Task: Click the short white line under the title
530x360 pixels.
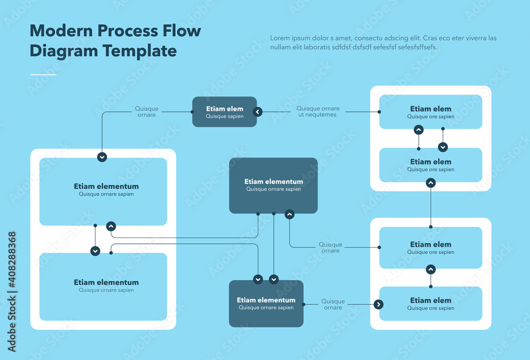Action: pos(43,75)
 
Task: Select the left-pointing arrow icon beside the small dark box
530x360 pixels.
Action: pos(258,112)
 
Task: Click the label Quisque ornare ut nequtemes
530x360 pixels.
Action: pos(317,111)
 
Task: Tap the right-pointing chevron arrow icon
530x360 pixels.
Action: pos(378,304)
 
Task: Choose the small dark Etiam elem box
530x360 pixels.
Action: pos(224,112)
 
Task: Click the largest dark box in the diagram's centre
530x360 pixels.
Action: pos(273,185)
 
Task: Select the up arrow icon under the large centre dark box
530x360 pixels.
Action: pos(289,214)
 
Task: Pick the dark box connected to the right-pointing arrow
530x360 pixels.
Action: pos(266,303)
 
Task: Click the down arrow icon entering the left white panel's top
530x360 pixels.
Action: pos(102,157)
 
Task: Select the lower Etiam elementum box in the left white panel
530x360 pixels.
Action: pos(103,286)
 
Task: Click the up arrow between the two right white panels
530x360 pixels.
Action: pos(431,183)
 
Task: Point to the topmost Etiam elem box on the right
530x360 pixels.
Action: pos(430,112)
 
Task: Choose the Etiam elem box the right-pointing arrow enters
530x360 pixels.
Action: pos(430,303)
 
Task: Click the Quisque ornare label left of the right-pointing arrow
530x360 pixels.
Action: pos(333,304)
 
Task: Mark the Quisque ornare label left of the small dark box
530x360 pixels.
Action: pos(147,111)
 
